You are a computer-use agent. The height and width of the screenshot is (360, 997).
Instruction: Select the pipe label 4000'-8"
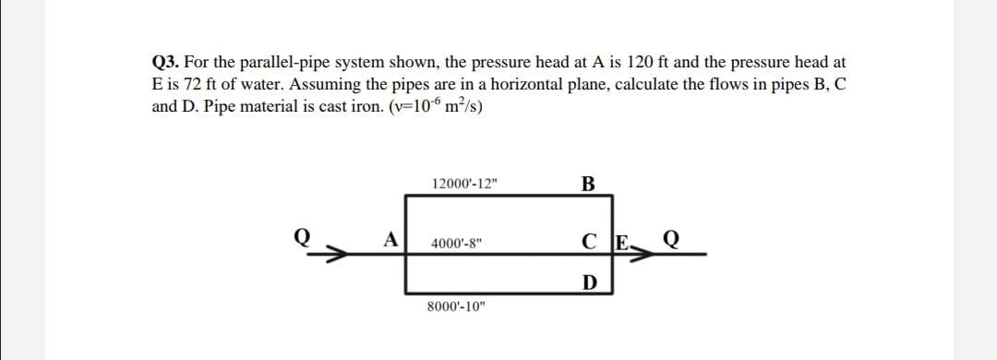[457, 245]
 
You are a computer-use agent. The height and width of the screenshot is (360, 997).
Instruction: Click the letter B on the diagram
[587, 182]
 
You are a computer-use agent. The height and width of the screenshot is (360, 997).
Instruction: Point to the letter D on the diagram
[587, 281]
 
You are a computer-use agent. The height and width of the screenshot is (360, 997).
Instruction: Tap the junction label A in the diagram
[392, 239]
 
